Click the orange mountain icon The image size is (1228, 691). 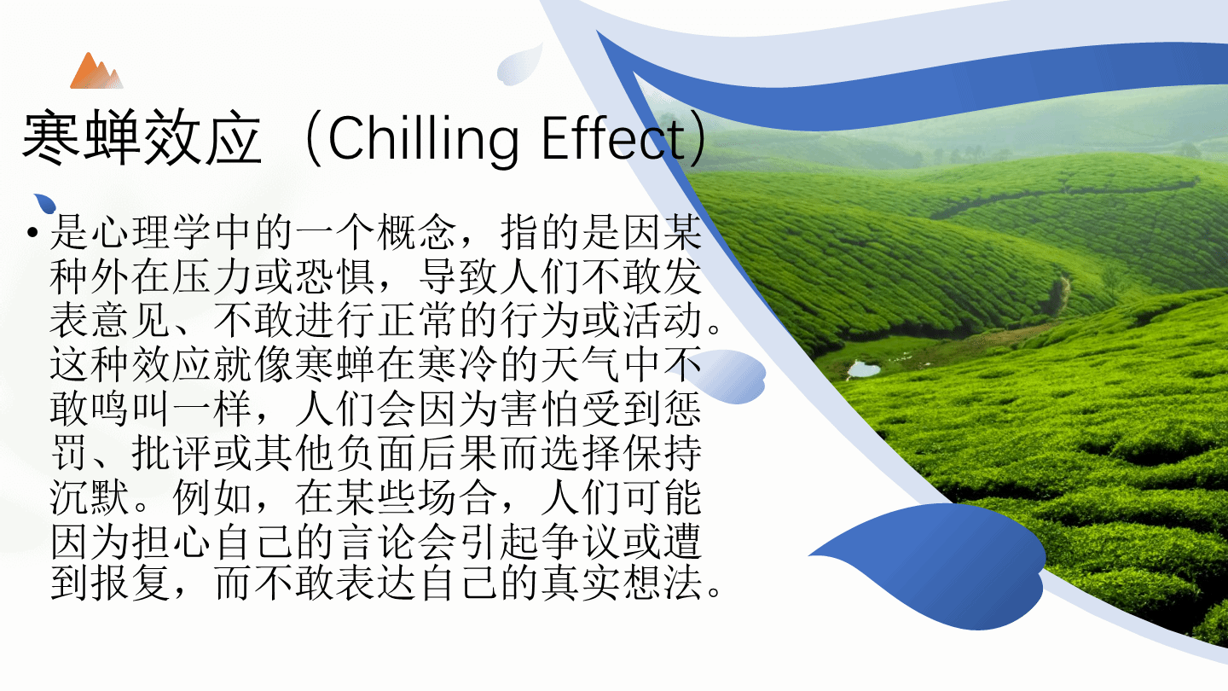tap(96, 72)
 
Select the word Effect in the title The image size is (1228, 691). tap(613, 137)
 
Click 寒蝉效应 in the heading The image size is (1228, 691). tap(142, 137)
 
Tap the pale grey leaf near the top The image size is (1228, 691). tap(518, 65)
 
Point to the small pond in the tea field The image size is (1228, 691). tap(863, 369)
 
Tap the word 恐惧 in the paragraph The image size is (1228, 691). tap(335, 276)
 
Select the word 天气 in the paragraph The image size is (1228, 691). tap(581, 364)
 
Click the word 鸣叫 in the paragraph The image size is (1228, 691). tap(131, 409)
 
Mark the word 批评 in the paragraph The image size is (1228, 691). tap(171, 453)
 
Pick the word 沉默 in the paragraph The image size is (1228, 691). tap(90, 497)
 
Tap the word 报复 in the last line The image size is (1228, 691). tap(131, 583)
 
